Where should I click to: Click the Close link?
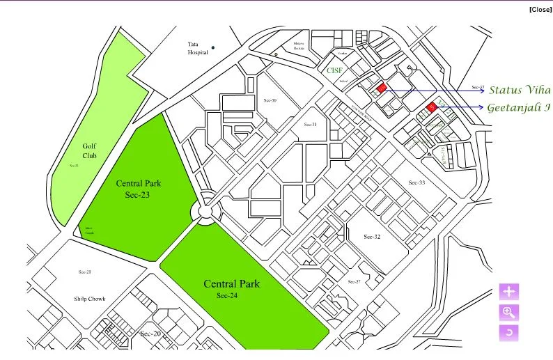pyautogui.click(x=540, y=9)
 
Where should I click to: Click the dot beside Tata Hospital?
pyautogui.click(x=213, y=47)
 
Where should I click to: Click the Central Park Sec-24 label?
pyautogui.click(x=231, y=288)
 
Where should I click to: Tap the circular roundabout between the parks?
pyautogui.click(x=205, y=210)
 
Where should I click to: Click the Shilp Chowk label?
pyautogui.click(x=90, y=299)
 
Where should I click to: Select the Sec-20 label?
pyautogui.click(x=150, y=334)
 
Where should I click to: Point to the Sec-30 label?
pyautogui.click(x=269, y=101)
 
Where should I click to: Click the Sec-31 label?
pyautogui.click(x=309, y=125)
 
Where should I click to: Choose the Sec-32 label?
pyautogui.click(x=372, y=237)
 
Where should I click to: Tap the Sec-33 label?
pyautogui.click(x=416, y=182)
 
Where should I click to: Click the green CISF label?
pyautogui.click(x=328, y=70)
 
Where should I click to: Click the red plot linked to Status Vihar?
pyautogui.click(x=381, y=88)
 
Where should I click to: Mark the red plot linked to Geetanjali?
pyautogui.click(x=431, y=107)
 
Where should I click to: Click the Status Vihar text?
pyautogui.click(x=520, y=90)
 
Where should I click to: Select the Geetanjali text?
pyautogui.click(x=519, y=107)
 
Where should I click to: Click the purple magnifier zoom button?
pyautogui.click(x=509, y=312)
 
